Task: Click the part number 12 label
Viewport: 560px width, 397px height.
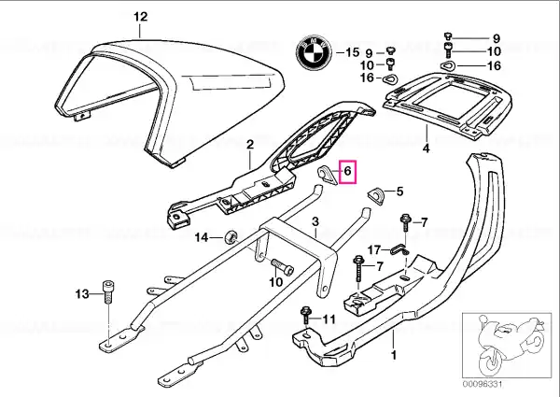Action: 141,16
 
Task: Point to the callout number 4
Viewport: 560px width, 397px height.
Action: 426,148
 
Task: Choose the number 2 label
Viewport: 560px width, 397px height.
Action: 250,144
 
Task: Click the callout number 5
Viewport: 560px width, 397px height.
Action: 399,192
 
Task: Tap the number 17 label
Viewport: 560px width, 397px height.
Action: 373,249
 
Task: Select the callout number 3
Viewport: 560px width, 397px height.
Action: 315,221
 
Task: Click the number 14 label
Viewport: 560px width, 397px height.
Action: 203,238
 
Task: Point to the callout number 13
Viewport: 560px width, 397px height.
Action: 81,295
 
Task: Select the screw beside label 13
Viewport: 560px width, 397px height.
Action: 109,294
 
